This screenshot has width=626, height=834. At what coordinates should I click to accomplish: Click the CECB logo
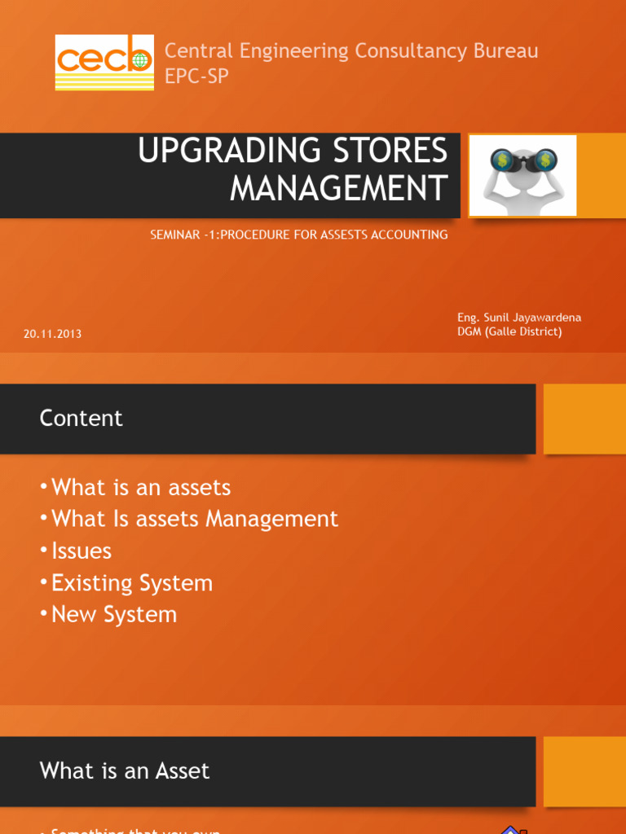[x=104, y=62]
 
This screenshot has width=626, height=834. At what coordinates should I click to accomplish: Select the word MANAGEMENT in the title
[x=338, y=188]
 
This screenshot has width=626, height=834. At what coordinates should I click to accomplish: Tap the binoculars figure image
[x=522, y=175]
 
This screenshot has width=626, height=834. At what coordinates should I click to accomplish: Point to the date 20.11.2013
[x=52, y=334]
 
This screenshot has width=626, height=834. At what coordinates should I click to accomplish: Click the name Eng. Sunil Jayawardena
[x=519, y=318]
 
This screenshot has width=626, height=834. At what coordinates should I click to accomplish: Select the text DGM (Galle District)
[x=509, y=331]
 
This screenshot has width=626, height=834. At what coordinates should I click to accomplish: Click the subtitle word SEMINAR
[x=174, y=235]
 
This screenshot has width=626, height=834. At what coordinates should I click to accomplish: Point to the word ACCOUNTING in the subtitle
[x=408, y=235]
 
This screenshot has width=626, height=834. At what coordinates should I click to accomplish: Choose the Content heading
[x=81, y=418]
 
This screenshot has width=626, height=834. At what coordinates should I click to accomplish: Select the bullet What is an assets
[x=140, y=488]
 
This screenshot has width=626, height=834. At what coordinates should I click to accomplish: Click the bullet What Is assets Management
[x=194, y=519]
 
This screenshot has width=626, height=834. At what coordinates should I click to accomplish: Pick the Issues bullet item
[x=81, y=551]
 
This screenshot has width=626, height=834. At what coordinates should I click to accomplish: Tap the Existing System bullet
[x=131, y=582]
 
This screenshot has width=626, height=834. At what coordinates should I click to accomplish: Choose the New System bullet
[x=113, y=614]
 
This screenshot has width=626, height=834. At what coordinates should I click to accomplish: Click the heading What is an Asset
[x=125, y=770]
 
